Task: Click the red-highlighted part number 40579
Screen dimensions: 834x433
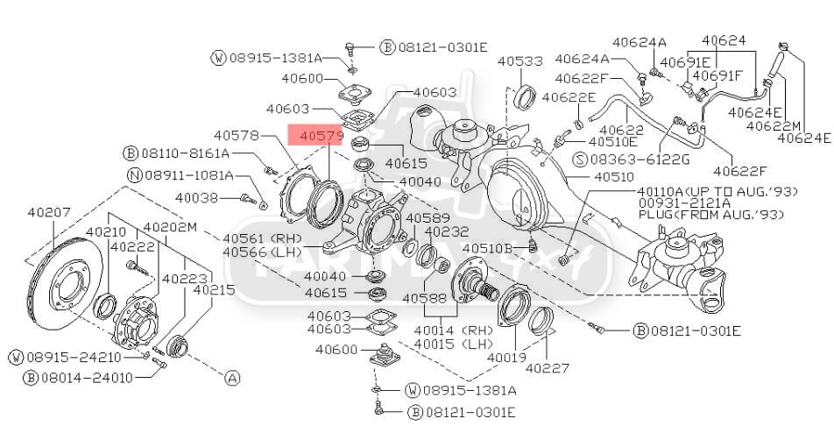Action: coord(322,136)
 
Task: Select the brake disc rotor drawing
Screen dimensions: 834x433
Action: coord(65,283)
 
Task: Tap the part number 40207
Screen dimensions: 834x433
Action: coord(49,212)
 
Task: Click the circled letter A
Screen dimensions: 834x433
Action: coord(232,378)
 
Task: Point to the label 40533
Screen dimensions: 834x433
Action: coord(520,61)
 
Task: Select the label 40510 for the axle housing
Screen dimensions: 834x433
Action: coord(614,176)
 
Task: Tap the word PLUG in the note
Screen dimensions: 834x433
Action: coord(653,215)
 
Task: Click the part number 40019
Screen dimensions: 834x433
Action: coord(507,358)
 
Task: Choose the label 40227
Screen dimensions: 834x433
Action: coord(548,368)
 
